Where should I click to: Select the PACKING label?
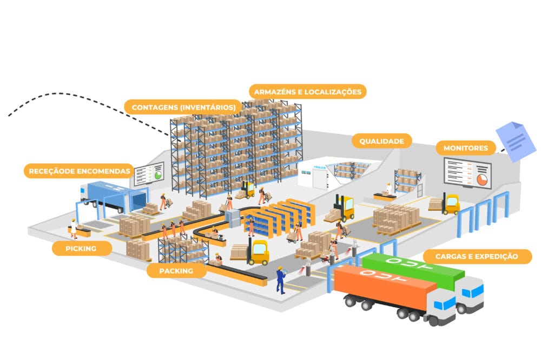click(x=176, y=270)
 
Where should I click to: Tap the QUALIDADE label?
click(x=381, y=141)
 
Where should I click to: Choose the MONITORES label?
click(x=465, y=148)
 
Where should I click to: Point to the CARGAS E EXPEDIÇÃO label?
click(x=477, y=256)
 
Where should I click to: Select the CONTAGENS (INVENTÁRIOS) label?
click(x=183, y=106)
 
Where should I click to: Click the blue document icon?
click(x=516, y=140)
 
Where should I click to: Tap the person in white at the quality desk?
click(x=387, y=189)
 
